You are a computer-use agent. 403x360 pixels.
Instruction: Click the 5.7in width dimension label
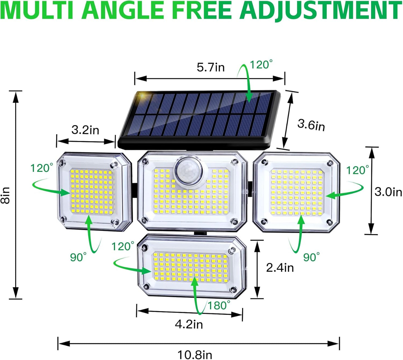tap(211, 67)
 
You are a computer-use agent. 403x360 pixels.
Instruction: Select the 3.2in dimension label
tap(85, 130)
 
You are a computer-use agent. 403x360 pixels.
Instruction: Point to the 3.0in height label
tap(388, 192)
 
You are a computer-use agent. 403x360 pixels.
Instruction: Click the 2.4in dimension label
tap(280, 267)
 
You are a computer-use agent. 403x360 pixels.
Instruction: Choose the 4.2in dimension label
tap(189, 324)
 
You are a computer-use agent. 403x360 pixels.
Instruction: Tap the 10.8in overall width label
tap(195, 355)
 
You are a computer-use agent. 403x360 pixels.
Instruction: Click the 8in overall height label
tap(6, 195)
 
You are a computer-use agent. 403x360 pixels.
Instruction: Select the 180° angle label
tap(219, 306)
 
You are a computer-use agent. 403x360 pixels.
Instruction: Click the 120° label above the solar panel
tap(261, 65)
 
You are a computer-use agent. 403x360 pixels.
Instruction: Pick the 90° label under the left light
tap(78, 257)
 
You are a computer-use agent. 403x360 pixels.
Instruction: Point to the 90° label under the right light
tap(311, 257)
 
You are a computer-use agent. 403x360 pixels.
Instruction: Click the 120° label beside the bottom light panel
tap(123, 247)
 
